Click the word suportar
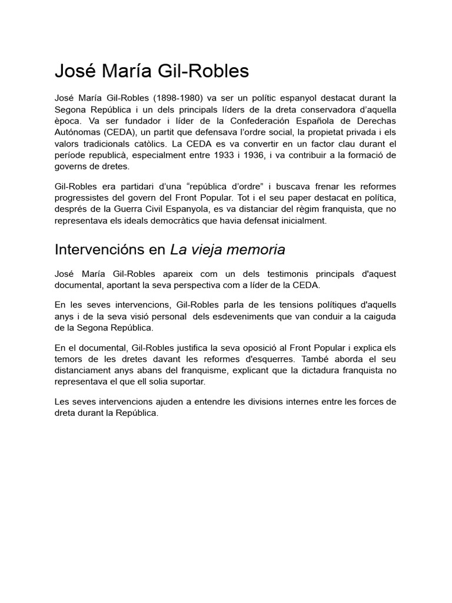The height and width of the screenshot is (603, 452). point(185,382)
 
